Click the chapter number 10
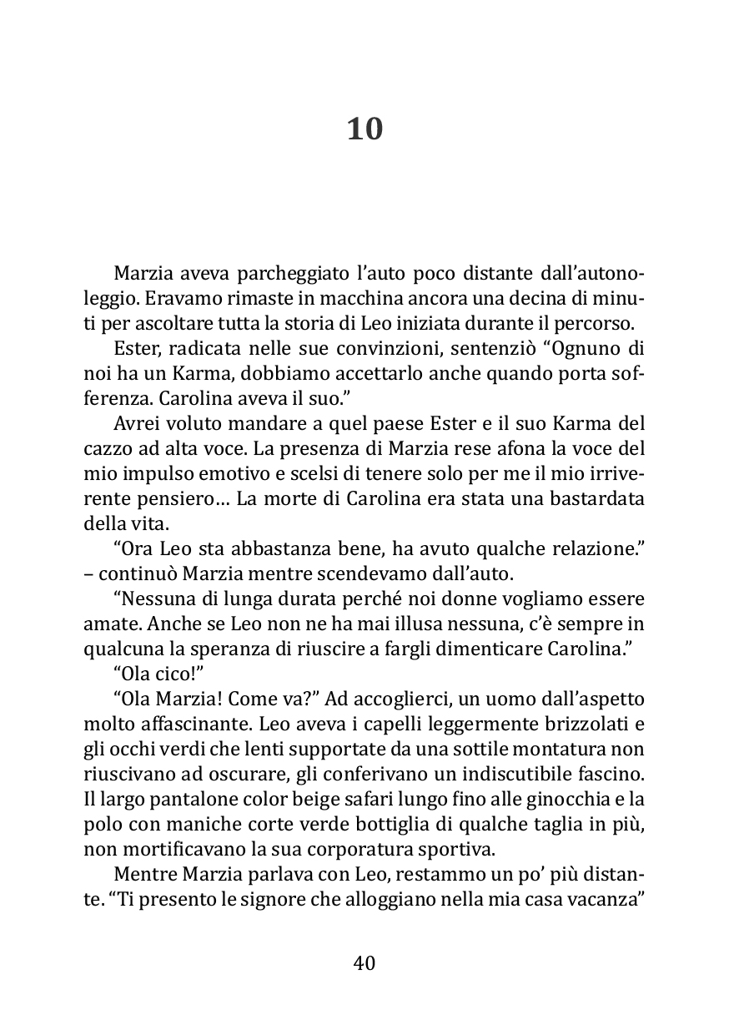364,129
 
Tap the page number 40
364,962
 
